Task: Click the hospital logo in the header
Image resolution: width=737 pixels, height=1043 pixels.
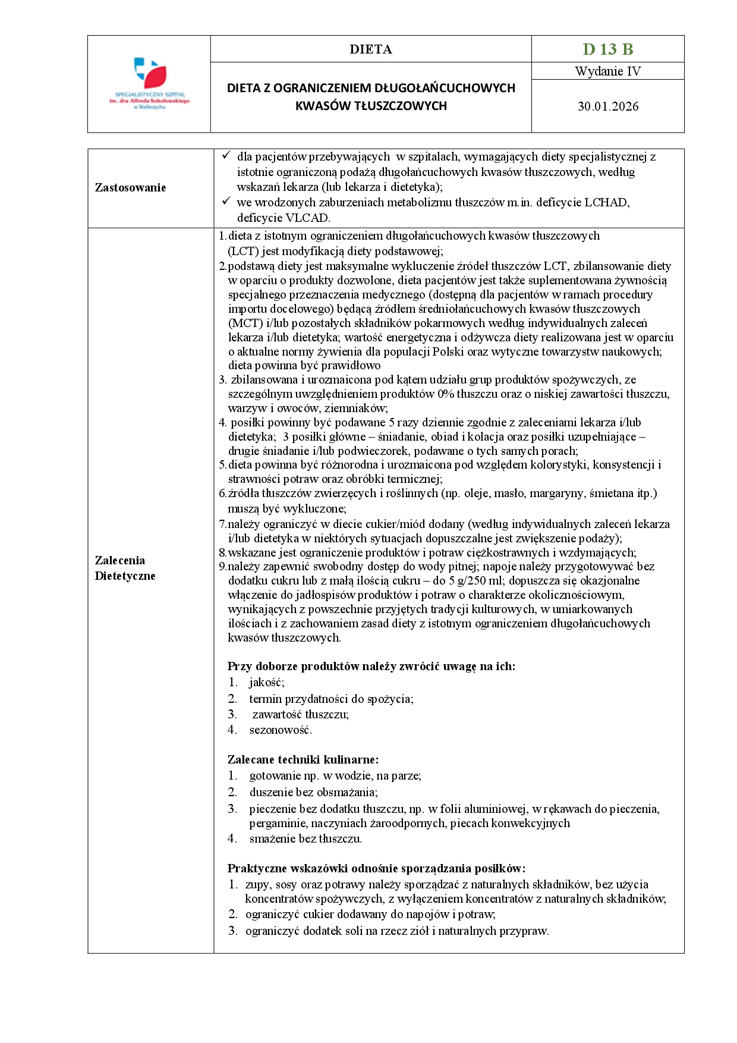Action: click(x=149, y=83)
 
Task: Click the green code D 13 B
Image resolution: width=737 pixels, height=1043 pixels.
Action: click(x=607, y=49)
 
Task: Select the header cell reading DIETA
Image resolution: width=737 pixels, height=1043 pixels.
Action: click(x=370, y=49)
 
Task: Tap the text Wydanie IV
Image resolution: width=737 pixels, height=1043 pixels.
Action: click(x=607, y=71)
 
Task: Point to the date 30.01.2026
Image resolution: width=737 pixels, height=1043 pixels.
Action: click(x=607, y=106)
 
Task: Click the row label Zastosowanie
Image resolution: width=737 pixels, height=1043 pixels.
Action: click(x=130, y=188)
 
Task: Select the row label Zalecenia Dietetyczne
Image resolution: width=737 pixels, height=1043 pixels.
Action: click(x=125, y=568)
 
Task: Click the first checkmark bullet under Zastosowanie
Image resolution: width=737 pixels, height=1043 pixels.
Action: click(x=226, y=156)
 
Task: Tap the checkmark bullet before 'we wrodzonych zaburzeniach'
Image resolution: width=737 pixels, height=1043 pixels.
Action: click(x=226, y=202)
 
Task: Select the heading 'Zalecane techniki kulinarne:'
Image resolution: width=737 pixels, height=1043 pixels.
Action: click(x=303, y=759)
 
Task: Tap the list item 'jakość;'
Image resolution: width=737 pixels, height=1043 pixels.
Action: click(x=266, y=683)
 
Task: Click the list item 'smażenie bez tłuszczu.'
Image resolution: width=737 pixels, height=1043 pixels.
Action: click(x=305, y=839)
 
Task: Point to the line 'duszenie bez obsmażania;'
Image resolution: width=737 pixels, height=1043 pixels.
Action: click(x=313, y=792)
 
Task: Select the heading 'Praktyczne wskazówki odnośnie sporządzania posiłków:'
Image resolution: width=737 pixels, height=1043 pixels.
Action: click(x=376, y=868)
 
